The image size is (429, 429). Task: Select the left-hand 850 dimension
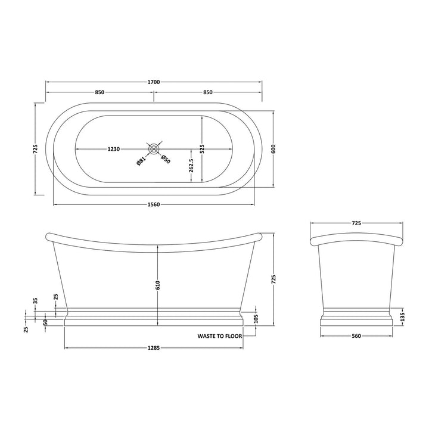click(100, 92)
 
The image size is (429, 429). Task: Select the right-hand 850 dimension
click(208, 92)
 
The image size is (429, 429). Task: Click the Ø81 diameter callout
click(139, 160)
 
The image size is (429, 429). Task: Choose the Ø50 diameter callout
click(166, 159)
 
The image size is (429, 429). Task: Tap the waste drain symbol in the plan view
click(154, 150)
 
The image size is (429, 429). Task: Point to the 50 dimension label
click(46, 322)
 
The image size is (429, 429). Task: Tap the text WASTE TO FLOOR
click(220, 337)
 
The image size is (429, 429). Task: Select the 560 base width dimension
click(356, 335)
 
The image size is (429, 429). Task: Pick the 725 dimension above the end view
click(356, 223)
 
